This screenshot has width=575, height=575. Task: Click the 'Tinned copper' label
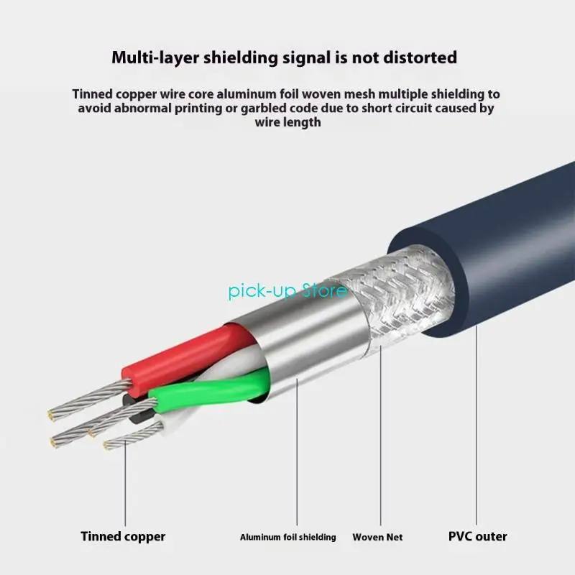coord(123,536)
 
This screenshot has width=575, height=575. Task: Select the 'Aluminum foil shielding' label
coord(288,537)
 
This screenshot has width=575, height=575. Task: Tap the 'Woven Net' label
coord(377,537)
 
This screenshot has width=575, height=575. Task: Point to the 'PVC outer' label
coord(477,536)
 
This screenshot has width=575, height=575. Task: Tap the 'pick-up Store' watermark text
coord(287,292)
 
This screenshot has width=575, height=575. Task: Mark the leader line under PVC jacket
coord(477,425)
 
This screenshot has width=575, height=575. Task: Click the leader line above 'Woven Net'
coord(381,436)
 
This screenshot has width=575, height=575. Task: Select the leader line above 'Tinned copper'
coord(125,483)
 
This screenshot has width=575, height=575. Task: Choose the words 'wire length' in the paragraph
coord(288,122)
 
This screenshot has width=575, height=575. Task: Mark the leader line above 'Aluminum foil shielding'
coord(297,452)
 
